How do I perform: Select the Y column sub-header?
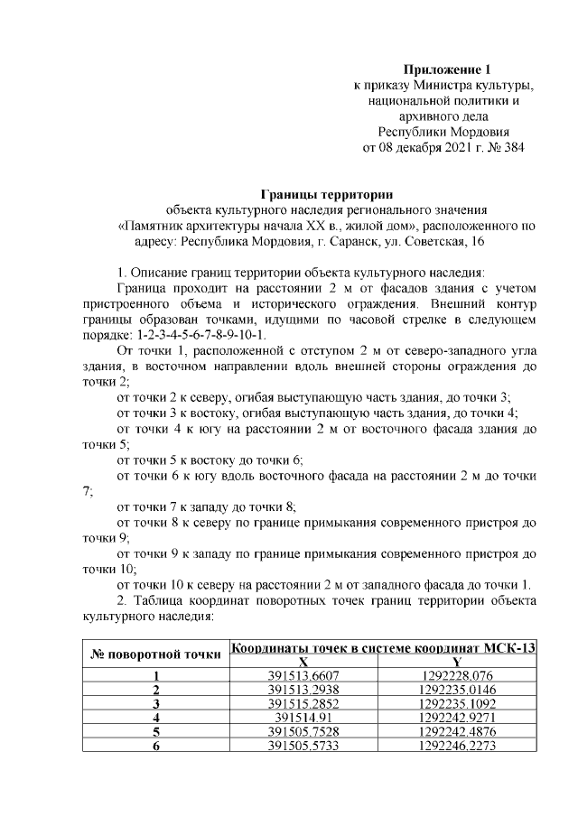coord(457,662)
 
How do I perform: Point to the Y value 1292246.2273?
coord(457,745)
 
